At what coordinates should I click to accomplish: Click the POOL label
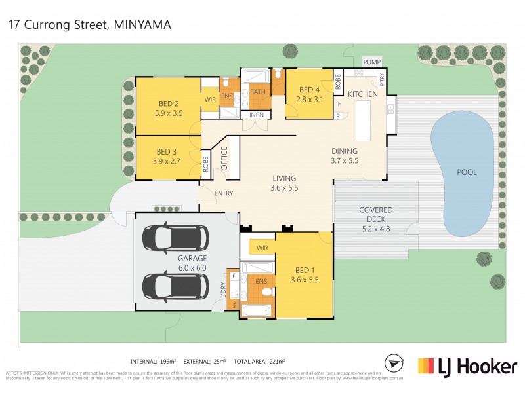click(x=467, y=172)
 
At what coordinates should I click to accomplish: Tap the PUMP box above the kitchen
click(x=371, y=62)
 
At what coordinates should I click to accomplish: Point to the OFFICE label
click(x=224, y=159)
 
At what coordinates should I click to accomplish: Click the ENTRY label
click(x=224, y=193)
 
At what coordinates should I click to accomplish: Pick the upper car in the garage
click(x=175, y=238)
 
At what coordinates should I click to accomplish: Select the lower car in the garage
click(x=175, y=285)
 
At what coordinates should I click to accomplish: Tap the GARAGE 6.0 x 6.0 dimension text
click(x=192, y=267)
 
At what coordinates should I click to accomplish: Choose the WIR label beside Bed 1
click(x=262, y=248)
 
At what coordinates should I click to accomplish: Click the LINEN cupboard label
click(x=255, y=115)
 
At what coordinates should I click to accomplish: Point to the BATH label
click(x=257, y=92)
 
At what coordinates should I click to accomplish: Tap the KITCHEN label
click(x=363, y=94)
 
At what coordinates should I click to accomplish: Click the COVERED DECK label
click(x=376, y=210)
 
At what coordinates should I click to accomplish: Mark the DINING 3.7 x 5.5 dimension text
click(x=344, y=160)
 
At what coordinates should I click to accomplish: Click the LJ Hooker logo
click(x=467, y=366)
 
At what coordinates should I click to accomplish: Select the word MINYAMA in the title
click(x=144, y=25)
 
